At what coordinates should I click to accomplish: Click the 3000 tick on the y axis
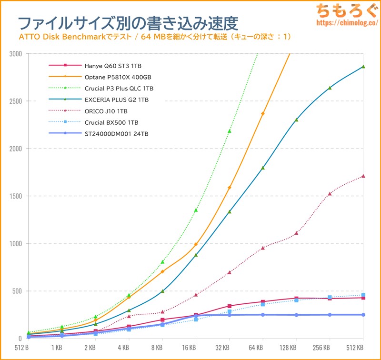16,54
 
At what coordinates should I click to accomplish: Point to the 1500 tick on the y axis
16,196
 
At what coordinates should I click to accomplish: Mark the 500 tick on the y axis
17,291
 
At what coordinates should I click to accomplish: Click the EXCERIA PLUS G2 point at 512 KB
363,67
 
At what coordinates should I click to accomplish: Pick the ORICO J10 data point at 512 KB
363,176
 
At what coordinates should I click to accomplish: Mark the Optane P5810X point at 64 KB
263,114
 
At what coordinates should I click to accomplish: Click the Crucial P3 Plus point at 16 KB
196,210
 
